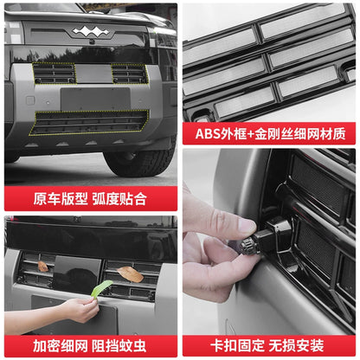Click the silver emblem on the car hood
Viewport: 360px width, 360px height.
point(91,31)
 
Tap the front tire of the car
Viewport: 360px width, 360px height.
point(140,163)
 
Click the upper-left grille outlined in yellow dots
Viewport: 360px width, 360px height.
point(55,74)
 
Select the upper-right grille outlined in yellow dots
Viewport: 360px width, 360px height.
point(130,74)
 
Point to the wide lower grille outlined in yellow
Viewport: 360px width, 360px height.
point(89,122)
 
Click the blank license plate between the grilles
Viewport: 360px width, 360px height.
point(95,99)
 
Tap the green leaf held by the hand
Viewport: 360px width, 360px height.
point(101,288)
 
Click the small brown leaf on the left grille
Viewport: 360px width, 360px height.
point(43,267)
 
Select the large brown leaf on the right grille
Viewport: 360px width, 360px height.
point(131,273)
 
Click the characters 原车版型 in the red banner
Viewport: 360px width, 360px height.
point(61,199)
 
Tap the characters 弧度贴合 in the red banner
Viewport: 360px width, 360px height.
point(119,199)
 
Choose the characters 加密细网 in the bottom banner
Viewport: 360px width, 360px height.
point(61,346)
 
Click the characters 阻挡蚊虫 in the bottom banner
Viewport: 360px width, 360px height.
point(119,346)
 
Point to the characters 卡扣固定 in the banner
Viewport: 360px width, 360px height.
point(237,345)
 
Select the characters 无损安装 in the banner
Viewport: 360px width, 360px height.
point(297,345)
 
